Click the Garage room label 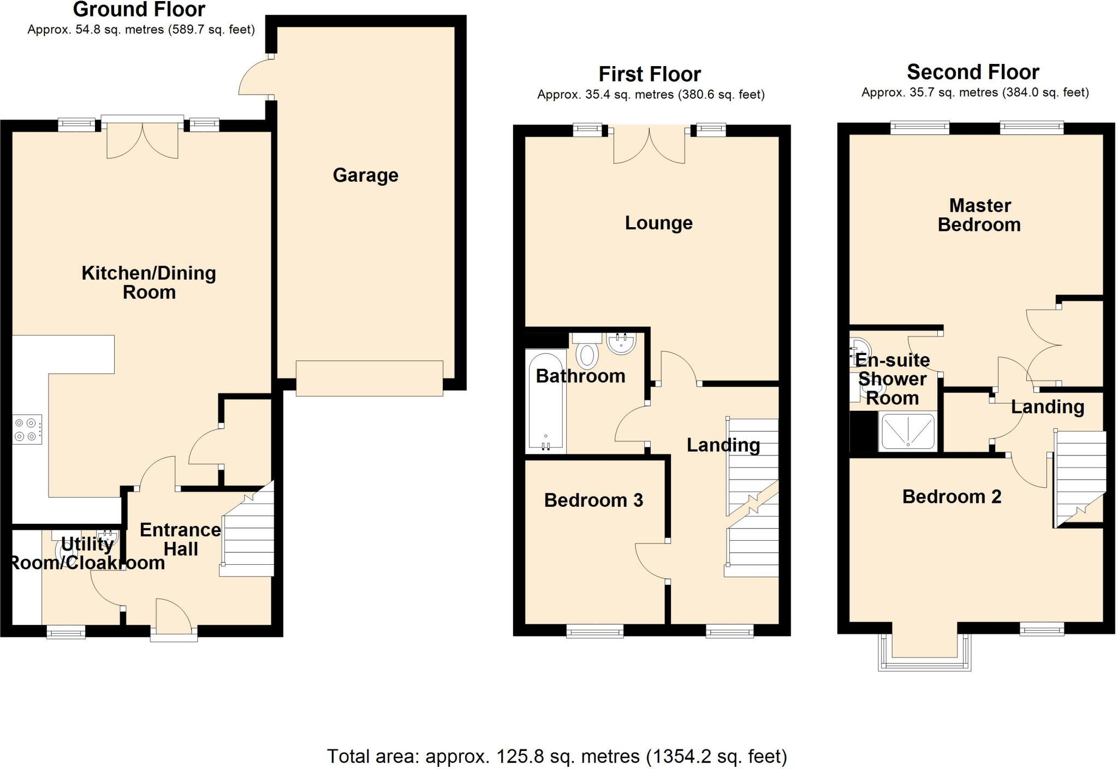(x=365, y=175)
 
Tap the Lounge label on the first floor (x=658, y=223)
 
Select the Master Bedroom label (x=979, y=215)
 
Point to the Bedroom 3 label (x=593, y=500)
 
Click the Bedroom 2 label (x=952, y=496)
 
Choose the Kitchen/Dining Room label (x=148, y=282)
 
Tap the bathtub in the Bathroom (x=546, y=402)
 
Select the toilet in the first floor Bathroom (x=587, y=350)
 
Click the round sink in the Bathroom (x=621, y=344)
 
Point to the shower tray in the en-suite (x=908, y=431)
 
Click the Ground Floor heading (x=139, y=9)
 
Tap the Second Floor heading (x=973, y=72)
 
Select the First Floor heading (x=650, y=74)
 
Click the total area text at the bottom (x=557, y=756)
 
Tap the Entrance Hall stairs (x=247, y=529)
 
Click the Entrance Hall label (x=181, y=539)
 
